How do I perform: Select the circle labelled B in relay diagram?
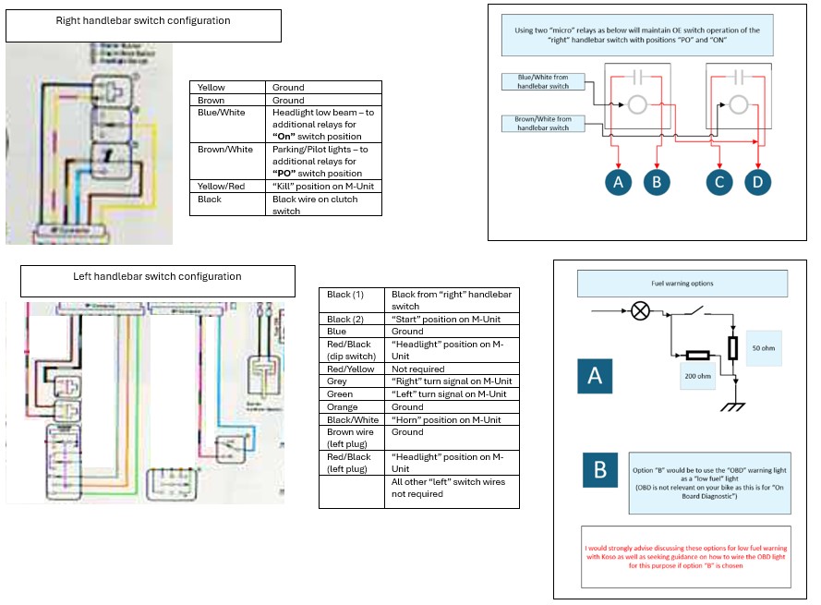pos(657,182)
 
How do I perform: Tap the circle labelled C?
pos(720,182)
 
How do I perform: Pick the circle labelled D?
pos(757,182)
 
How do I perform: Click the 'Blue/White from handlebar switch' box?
pos(542,81)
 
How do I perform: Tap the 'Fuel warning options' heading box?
pos(682,283)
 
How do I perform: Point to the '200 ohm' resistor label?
pos(697,376)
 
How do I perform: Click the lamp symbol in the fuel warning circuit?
pos(639,309)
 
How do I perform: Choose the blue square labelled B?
pos(600,470)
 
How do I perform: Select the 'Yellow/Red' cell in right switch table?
pos(228,186)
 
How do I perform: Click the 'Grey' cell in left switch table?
pos(352,381)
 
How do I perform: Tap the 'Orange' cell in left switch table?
pos(352,406)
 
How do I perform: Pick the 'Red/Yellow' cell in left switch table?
pos(352,369)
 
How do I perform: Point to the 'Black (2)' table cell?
pos(352,319)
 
